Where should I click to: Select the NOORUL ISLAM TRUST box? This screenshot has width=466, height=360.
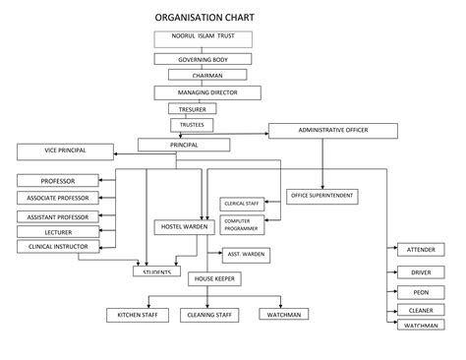pyautogui.click(x=203, y=38)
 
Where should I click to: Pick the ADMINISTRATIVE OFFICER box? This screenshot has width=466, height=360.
pyautogui.click(x=332, y=130)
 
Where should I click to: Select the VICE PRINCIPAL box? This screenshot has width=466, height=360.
pyautogui.click(x=65, y=150)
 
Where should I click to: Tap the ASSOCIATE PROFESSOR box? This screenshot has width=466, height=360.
pyautogui.click(x=58, y=198)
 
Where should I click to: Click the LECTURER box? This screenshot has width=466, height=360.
pyautogui.click(x=58, y=231)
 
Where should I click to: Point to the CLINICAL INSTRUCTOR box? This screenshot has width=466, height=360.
pyautogui.click(x=58, y=247)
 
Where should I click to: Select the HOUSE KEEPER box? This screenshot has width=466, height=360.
pyautogui.click(x=214, y=279)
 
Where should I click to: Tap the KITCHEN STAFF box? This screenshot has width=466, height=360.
pyautogui.click(x=138, y=315)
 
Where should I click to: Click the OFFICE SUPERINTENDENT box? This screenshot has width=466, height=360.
pyautogui.click(x=322, y=196)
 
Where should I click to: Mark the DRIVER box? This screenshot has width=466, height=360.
pyautogui.click(x=421, y=271)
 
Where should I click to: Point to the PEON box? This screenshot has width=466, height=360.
pyautogui.click(x=421, y=292)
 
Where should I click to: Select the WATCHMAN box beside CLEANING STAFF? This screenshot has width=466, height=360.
pyautogui.click(x=284, y=315)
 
